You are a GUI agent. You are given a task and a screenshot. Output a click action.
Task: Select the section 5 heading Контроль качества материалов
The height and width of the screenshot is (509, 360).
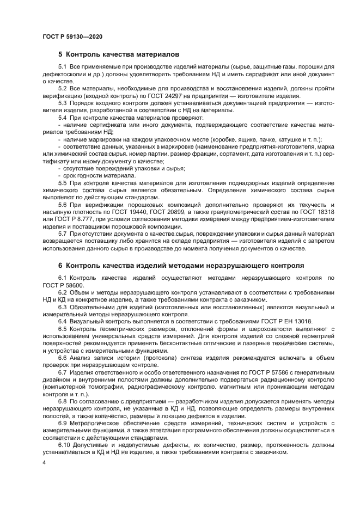pyautogui.click(x=119, y=54)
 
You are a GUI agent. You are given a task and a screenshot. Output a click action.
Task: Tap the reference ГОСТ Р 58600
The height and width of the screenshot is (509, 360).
pyautogui.click(x=63, y=285)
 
